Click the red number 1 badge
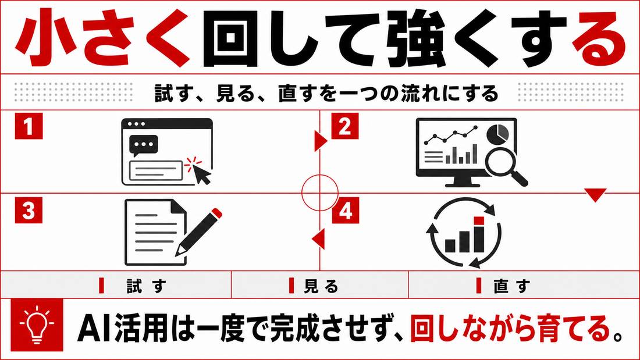(29, 126)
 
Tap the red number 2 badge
(345, 126)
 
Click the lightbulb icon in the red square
(37, 325)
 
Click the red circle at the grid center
(320, 193)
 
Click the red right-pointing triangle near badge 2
(321, 141)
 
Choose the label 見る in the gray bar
(321, 286)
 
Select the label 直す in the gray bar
(511, 286)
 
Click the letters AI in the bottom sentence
(94, 328)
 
